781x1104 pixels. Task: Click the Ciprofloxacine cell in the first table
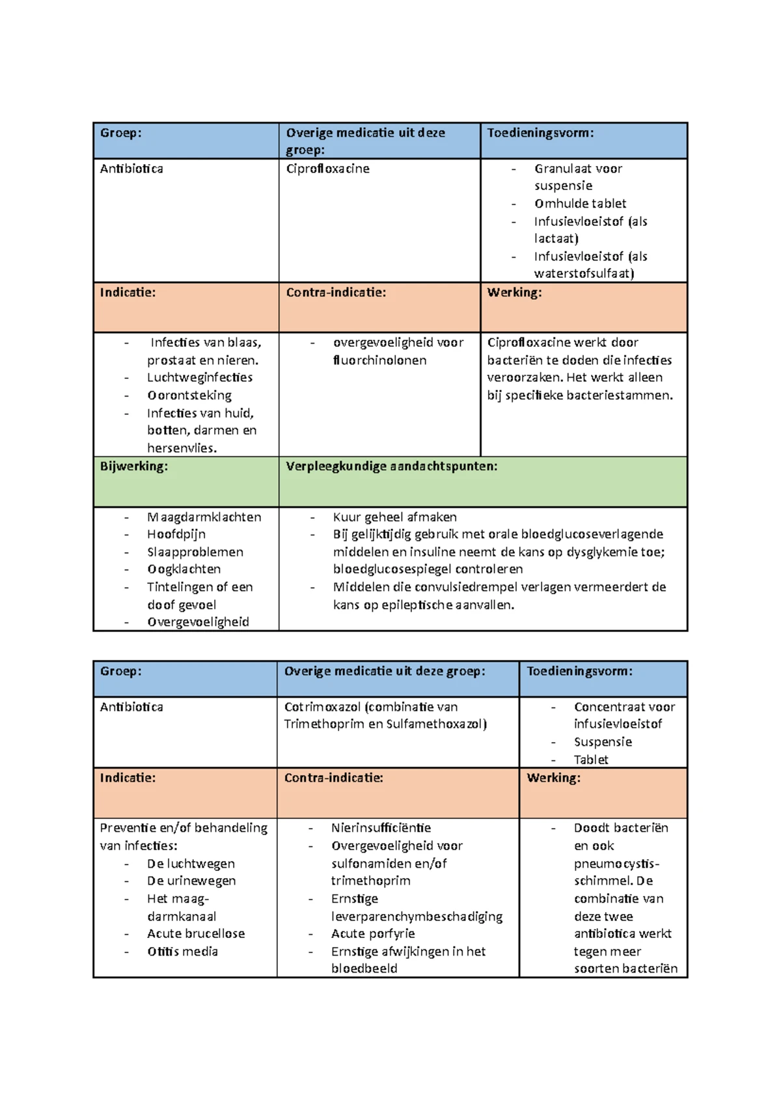(x=327, y=169)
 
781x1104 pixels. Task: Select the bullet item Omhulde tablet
(x=580, y=204)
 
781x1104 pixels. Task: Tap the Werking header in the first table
(x=514, y=292)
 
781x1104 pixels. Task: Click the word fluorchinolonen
(x=379, y=360)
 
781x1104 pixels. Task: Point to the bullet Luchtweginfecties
(x=199, y=378)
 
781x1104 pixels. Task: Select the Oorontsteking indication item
(x=189, y=395)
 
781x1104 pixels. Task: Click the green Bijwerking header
(x=133, y=466)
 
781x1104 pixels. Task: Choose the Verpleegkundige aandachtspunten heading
(x=391, y=466)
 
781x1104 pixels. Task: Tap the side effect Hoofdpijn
(x=176, y=534)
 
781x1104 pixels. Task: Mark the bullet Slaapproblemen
(x=195, y=552)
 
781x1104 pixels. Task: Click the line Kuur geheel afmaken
(x=394, y=517)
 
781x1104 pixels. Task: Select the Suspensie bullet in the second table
(x=603, y=742)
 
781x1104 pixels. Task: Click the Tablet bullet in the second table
(x=590, y=760)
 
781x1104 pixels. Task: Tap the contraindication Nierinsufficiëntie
(x=381, y=828)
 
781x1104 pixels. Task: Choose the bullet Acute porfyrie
(x=372, y=933)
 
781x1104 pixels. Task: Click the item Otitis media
(x=182, y=952)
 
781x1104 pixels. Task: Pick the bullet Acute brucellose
(x=196, y=933)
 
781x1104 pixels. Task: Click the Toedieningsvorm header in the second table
(x=579, y=671)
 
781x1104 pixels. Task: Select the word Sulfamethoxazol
(x=436, y=724)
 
